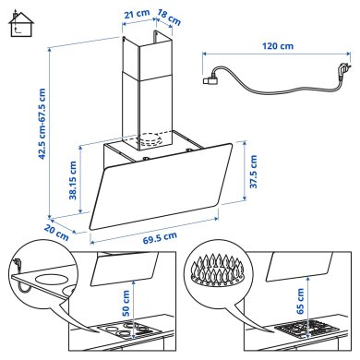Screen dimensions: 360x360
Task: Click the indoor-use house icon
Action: (x=17, y=20)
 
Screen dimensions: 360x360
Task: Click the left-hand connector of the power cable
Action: (x=209, y=79)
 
